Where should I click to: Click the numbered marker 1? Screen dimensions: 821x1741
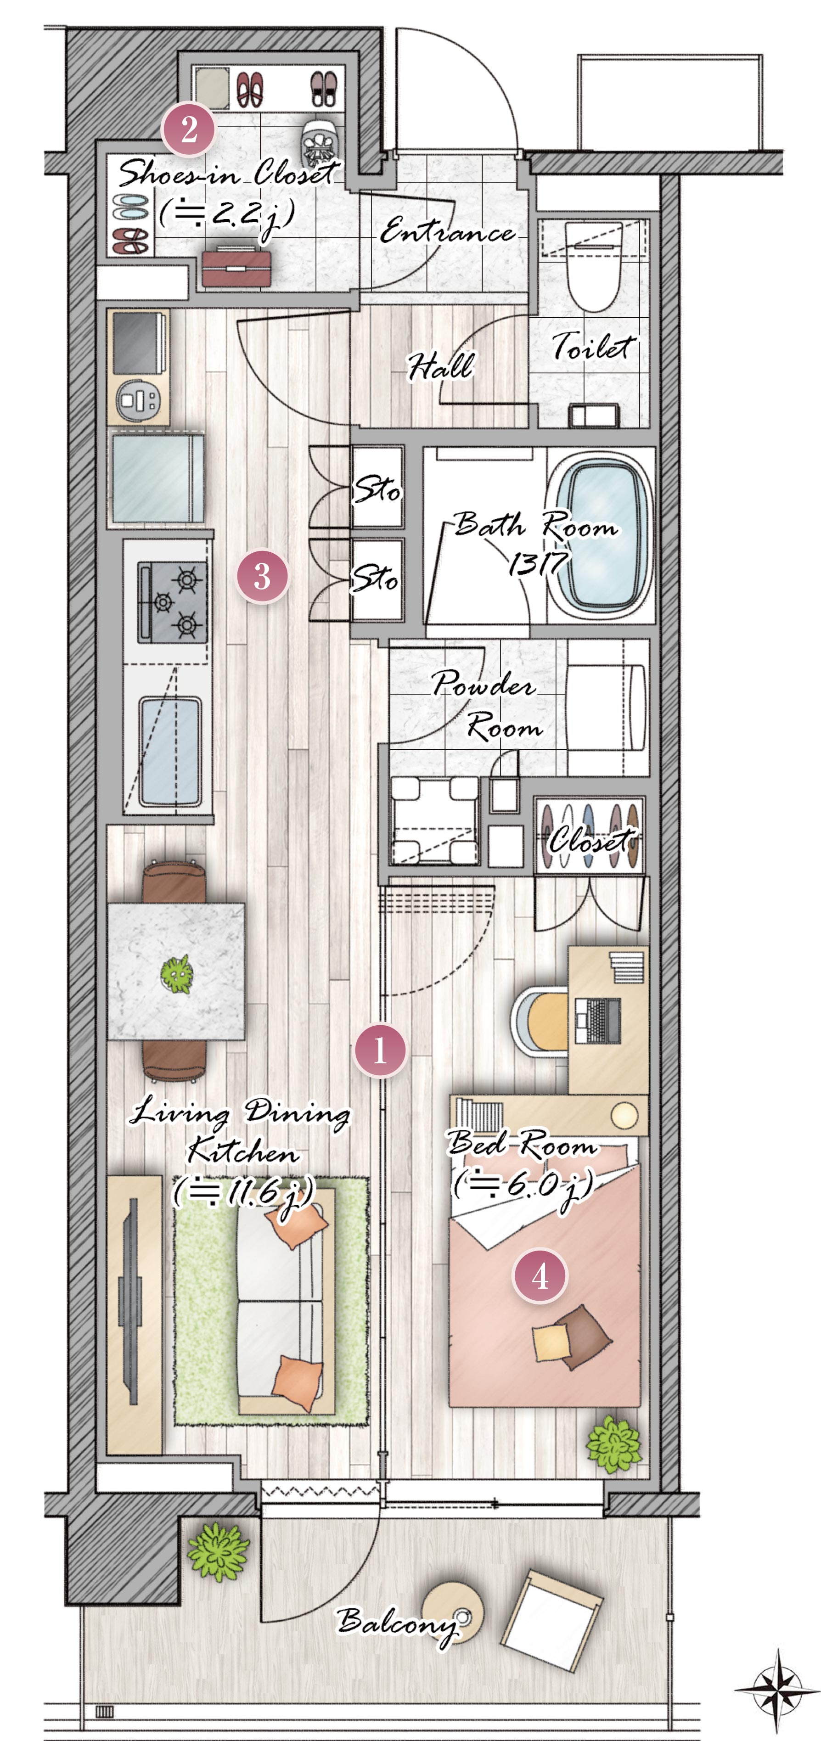point(380,1050)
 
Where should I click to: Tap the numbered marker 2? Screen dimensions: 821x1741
point(189,129)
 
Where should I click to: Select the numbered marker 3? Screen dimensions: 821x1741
point(262,577)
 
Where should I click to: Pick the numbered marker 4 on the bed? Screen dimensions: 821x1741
point(540,1276)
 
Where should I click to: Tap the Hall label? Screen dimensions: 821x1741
point(440,366)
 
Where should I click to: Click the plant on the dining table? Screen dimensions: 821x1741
point(177,974)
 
